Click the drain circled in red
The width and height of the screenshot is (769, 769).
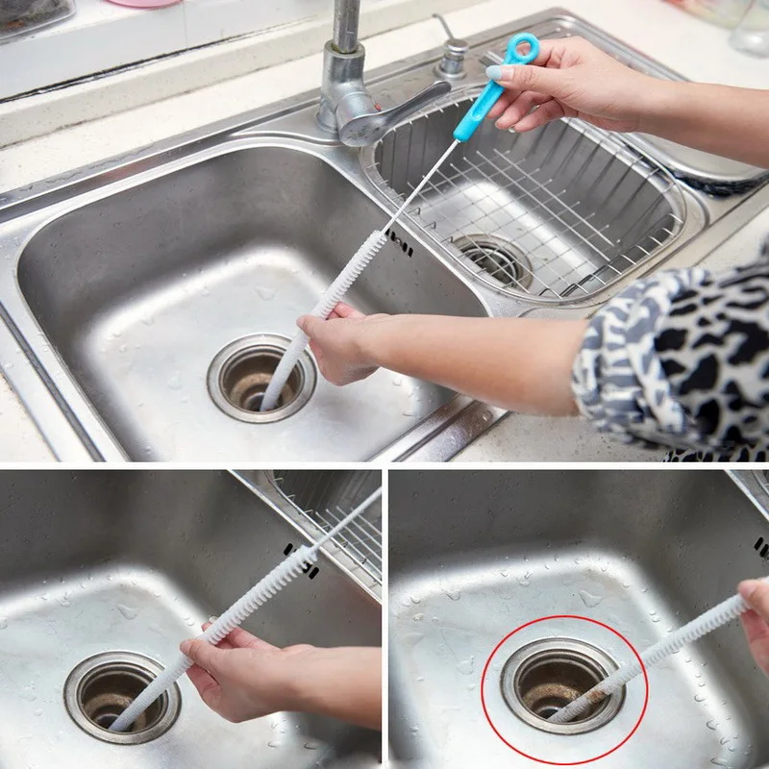point(562,684)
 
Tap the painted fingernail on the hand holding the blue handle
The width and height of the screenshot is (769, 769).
point(494,73)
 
